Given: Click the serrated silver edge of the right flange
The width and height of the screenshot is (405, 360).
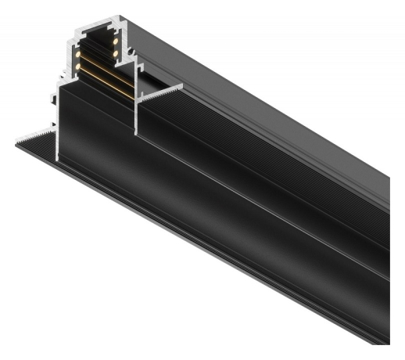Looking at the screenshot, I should point(160,90).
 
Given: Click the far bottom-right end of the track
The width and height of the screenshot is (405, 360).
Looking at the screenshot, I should point(386,340).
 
